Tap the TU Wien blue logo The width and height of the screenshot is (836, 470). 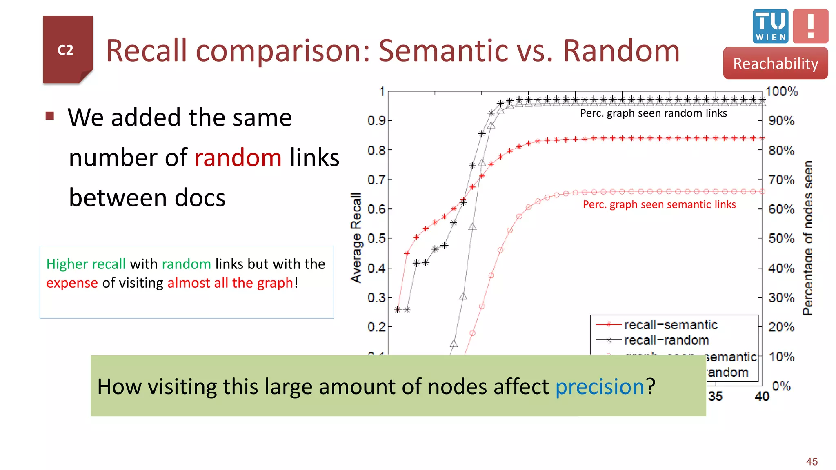[x=770, y=26]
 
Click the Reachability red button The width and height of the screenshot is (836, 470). [x=775, y=63]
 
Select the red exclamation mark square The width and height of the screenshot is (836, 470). [x=810, y=26]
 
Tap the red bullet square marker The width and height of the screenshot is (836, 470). [x=50, y=116]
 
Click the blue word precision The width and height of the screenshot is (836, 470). [x=600, y=386]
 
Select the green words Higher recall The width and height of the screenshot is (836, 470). [x=86, y=264]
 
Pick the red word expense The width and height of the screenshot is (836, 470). [x=72, y=283]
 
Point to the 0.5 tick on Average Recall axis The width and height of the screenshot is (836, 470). [x=376, y=238]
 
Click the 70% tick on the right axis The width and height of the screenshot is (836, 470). [x=781, y=180]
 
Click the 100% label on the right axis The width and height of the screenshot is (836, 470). [x=781, y=91]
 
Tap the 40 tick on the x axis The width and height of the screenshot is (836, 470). [x=762, y=396]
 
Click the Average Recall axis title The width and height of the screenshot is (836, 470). [x=356, y=238]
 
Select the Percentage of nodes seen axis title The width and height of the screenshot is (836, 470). [x=807, y=238]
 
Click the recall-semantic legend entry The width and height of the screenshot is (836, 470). [x=670, y=325]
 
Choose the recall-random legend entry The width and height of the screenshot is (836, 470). [x=666, y=340]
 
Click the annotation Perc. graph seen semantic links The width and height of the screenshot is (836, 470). [x=659, y=204]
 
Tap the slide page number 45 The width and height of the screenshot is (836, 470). [x=812, y=461]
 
